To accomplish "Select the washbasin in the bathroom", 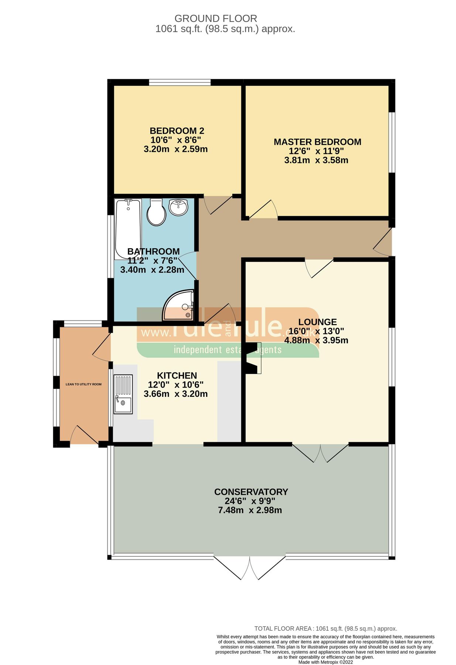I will (x=178, y=207).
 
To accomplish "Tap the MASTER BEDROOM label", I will (x=317, y=142).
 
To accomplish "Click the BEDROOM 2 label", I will (x=177, y=131).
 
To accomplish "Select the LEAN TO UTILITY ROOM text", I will (x=83, y=384).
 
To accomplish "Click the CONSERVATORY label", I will (x=251, y=492).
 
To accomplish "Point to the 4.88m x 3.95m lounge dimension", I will (x=316, y=340).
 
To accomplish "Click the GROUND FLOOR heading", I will (x=216, y=18).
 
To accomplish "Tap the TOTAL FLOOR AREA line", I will (x=325, y=628).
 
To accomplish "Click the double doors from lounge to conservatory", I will (x=320, y=453).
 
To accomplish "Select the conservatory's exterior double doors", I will (x=249, y=568).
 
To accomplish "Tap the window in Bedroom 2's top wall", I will (x=179, y=82).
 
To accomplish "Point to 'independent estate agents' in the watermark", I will (x=227, y=349).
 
